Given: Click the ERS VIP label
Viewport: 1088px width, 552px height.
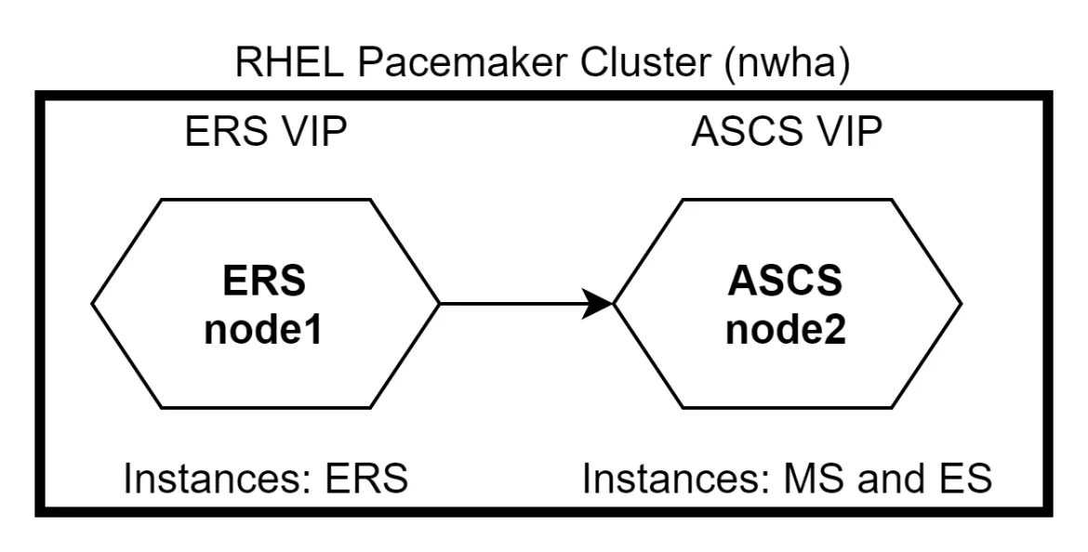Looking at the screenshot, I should pos(267,133).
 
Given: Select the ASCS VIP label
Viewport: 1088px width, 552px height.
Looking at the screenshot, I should pos(787,133).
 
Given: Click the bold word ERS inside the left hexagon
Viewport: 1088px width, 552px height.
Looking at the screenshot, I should pos(265,282).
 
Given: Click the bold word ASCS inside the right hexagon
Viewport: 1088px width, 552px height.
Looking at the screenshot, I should pos(787,282).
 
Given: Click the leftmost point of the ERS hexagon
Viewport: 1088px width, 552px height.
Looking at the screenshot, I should pos(94,303).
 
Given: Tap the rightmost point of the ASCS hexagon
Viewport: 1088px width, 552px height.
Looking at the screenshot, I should pos(960,303).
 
